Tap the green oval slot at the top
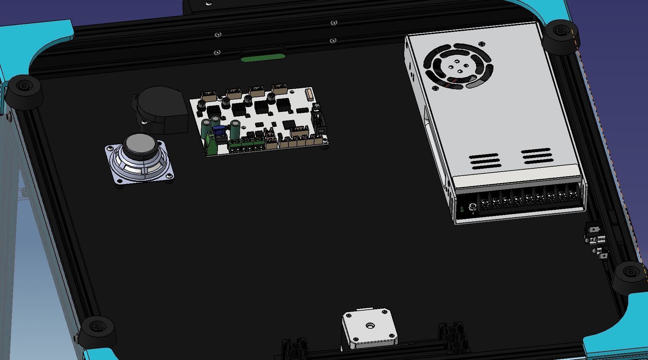coord(263,58)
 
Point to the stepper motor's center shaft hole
coord(370,326)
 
